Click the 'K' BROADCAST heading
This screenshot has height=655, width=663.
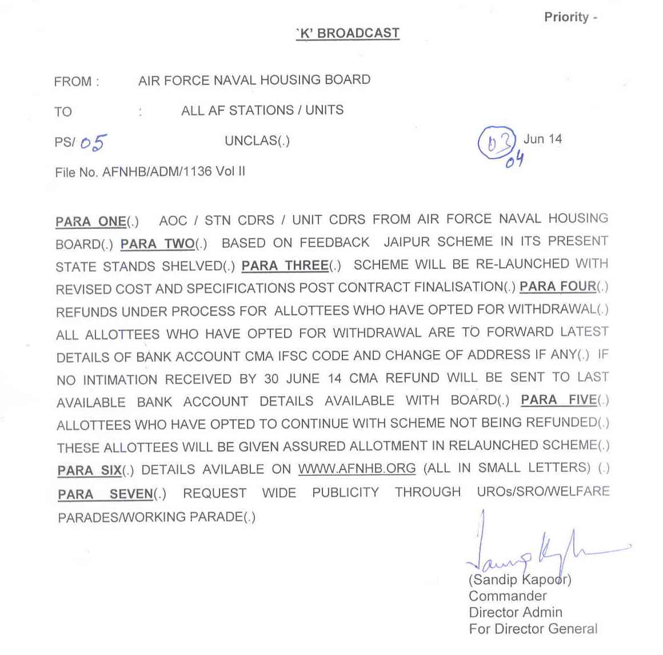pos(348,34)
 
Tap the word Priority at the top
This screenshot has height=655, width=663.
pos(566,17)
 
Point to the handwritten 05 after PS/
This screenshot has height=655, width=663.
pos(93,142)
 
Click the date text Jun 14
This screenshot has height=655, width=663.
pos(542,139)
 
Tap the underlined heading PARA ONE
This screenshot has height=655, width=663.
pos(91,222)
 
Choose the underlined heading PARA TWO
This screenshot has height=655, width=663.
pos(158,244)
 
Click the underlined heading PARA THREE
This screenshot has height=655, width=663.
pos(285,266)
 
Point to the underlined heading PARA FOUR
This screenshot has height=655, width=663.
pos(558,286)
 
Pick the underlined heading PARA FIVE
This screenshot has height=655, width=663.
pos(559,400)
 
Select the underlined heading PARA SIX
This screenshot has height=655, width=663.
pos(90,471)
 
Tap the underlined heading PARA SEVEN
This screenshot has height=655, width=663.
pos(106,494)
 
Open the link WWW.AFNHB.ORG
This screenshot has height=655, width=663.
pos(357,469)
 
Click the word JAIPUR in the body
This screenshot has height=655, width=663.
pos(406,242)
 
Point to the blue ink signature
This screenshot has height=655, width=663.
pos(537,548)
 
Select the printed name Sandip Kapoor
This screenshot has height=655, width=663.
pos(520,580)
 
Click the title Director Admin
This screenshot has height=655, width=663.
pos(516,612)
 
